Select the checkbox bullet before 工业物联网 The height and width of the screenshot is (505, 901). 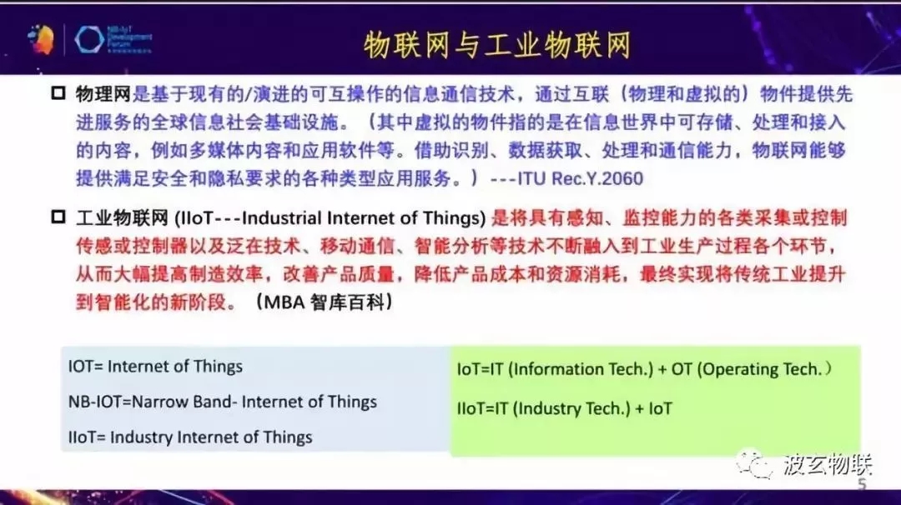point(58,219)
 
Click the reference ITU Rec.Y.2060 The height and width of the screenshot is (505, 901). point(581,178)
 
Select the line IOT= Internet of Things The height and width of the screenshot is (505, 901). point(155,367)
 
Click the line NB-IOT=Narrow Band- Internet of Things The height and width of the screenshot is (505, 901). point(222,402)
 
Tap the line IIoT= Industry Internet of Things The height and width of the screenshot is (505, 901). point(190,437)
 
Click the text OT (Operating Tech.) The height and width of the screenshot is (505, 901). point(753,369)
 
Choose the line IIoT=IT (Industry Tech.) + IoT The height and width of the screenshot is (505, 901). point(564,408)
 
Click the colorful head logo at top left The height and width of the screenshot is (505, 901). point(41,39)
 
